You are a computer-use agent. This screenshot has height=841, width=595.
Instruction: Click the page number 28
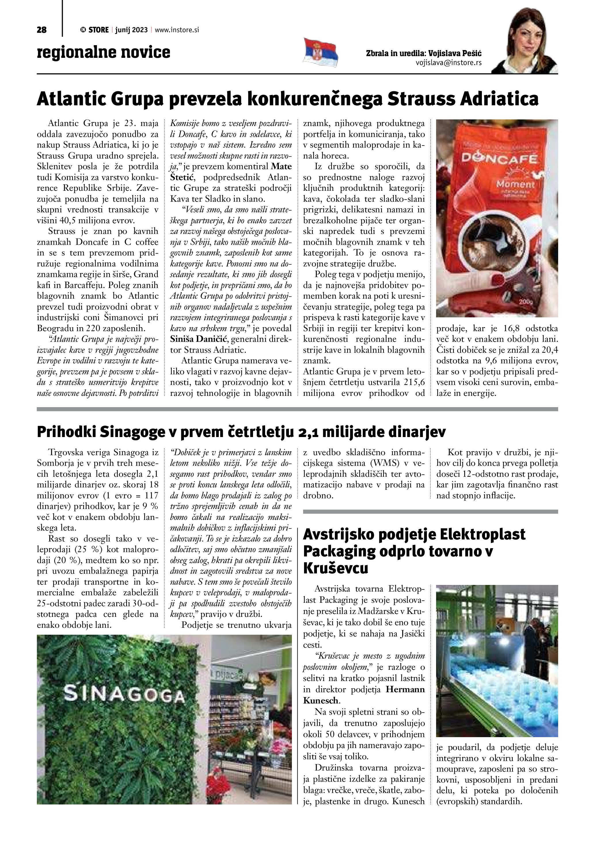41,30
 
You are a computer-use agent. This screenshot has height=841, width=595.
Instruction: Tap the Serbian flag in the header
320,53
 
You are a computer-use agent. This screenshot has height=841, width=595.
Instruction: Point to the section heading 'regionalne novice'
104,52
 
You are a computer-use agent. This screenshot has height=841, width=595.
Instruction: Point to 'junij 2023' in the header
131,30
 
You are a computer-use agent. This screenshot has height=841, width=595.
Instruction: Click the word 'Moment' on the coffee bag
516,184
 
